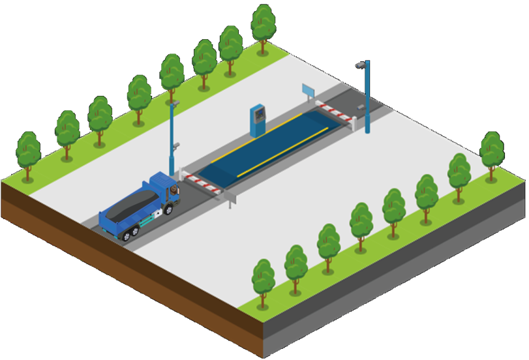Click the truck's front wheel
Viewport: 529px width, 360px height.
pyautogui.click(x=168, y=209)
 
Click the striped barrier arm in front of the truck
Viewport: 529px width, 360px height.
pyautogui.click(x=204, y=183)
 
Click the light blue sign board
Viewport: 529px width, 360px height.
pyautogui.click(x=308, y=90)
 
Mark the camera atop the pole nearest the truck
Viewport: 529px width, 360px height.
pyautogui.click(x=174, y=102)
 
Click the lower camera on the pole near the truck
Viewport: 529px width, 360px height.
pyautogui.click(x=175, y=145)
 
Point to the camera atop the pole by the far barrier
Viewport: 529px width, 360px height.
pyautogui.click(x=359, y=65)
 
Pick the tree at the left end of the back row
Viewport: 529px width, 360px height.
pyautogui.click(x=28, y=153)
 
